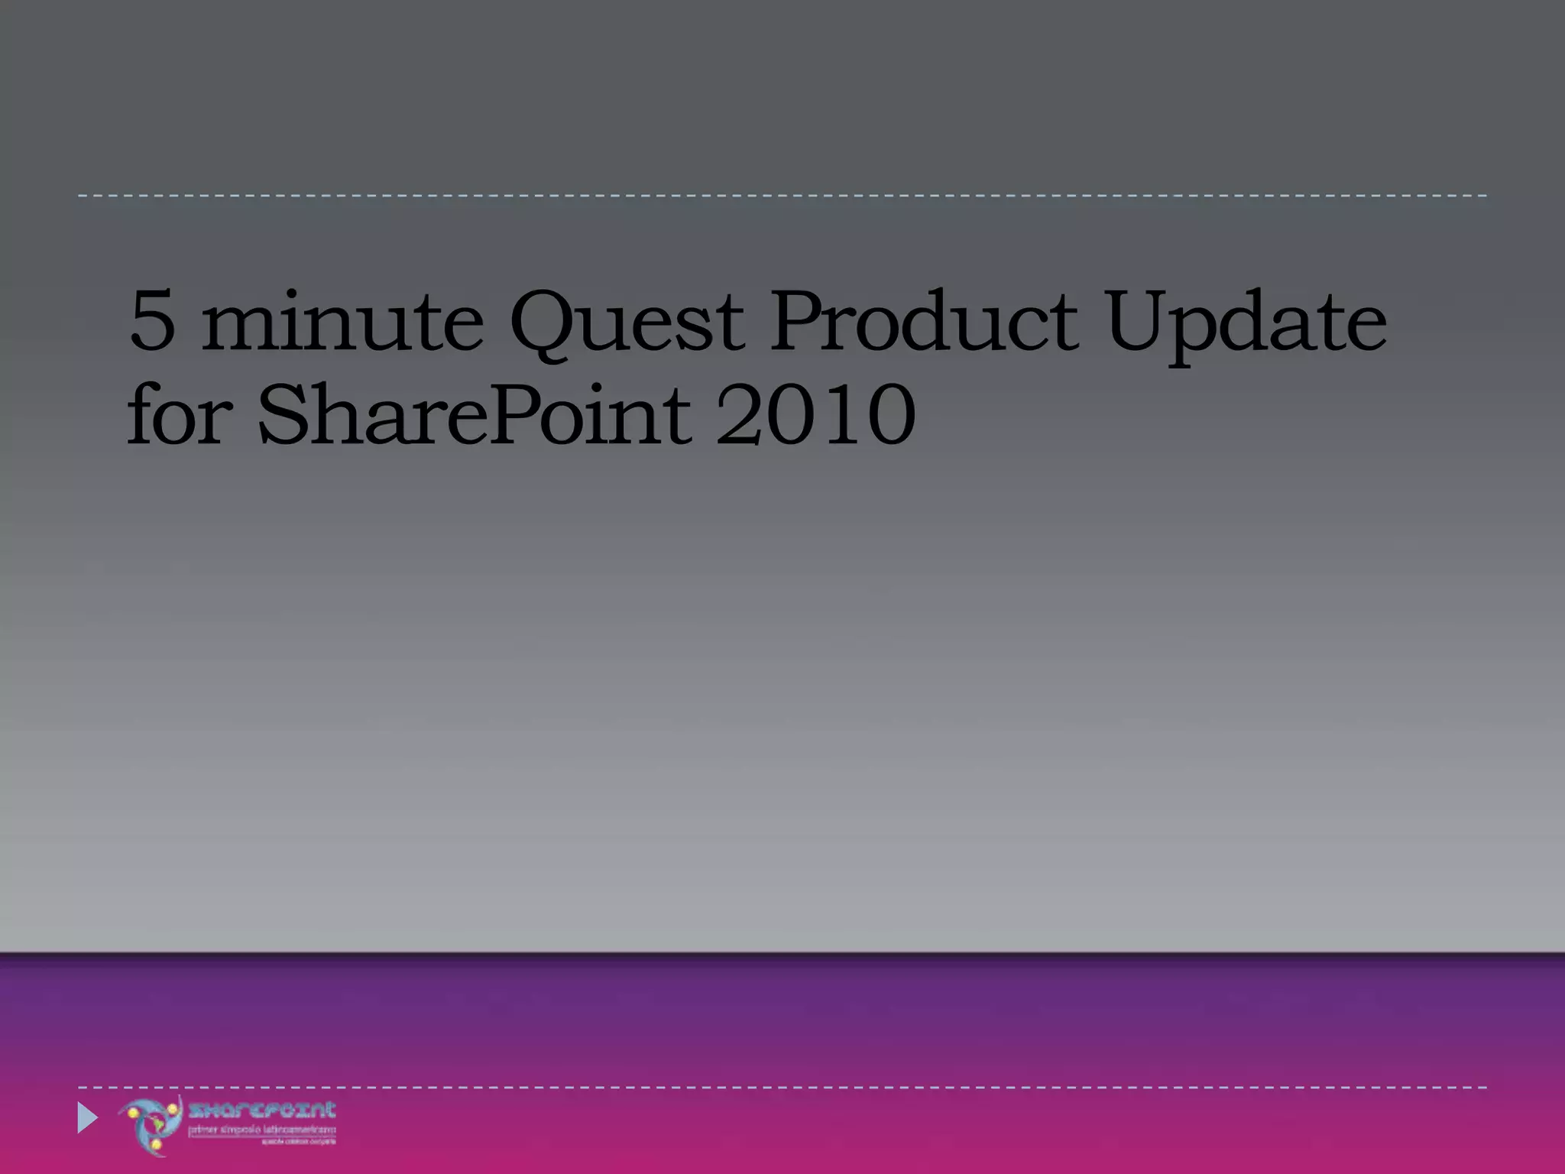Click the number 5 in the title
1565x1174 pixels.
coord(153,321)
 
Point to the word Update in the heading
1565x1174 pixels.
coord(1246,325)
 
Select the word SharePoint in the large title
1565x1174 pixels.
coord(474,417)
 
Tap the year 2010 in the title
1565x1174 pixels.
coord(816,417)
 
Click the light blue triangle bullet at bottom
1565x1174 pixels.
coord(87,1118)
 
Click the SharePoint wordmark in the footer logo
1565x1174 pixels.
coord(262,1111)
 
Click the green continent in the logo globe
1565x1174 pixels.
coord(159,1124)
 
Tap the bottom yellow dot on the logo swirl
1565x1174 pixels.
coord(156,1144)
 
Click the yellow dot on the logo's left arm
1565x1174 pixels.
coord(133,1113)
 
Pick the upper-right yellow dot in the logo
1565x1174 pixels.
coord(172,1108)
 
